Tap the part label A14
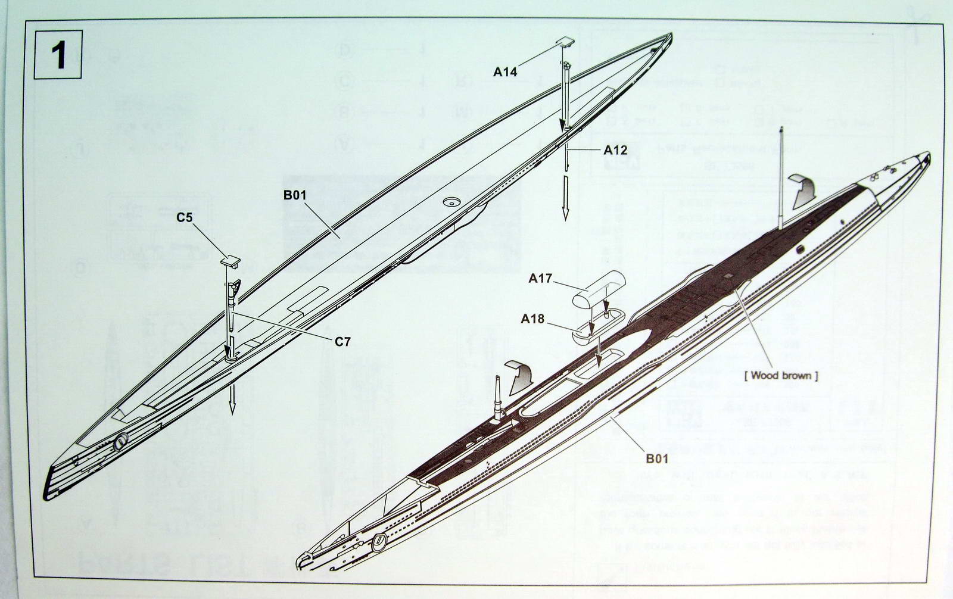[x=505, y=71]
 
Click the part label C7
[x=342, y=342]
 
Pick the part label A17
[x=541, y=278]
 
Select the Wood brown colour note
[x=781, y=376]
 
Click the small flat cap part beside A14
[x=566, y=42]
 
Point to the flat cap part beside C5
[x=231, y=260]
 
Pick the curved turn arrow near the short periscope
[x=519, y=378]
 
